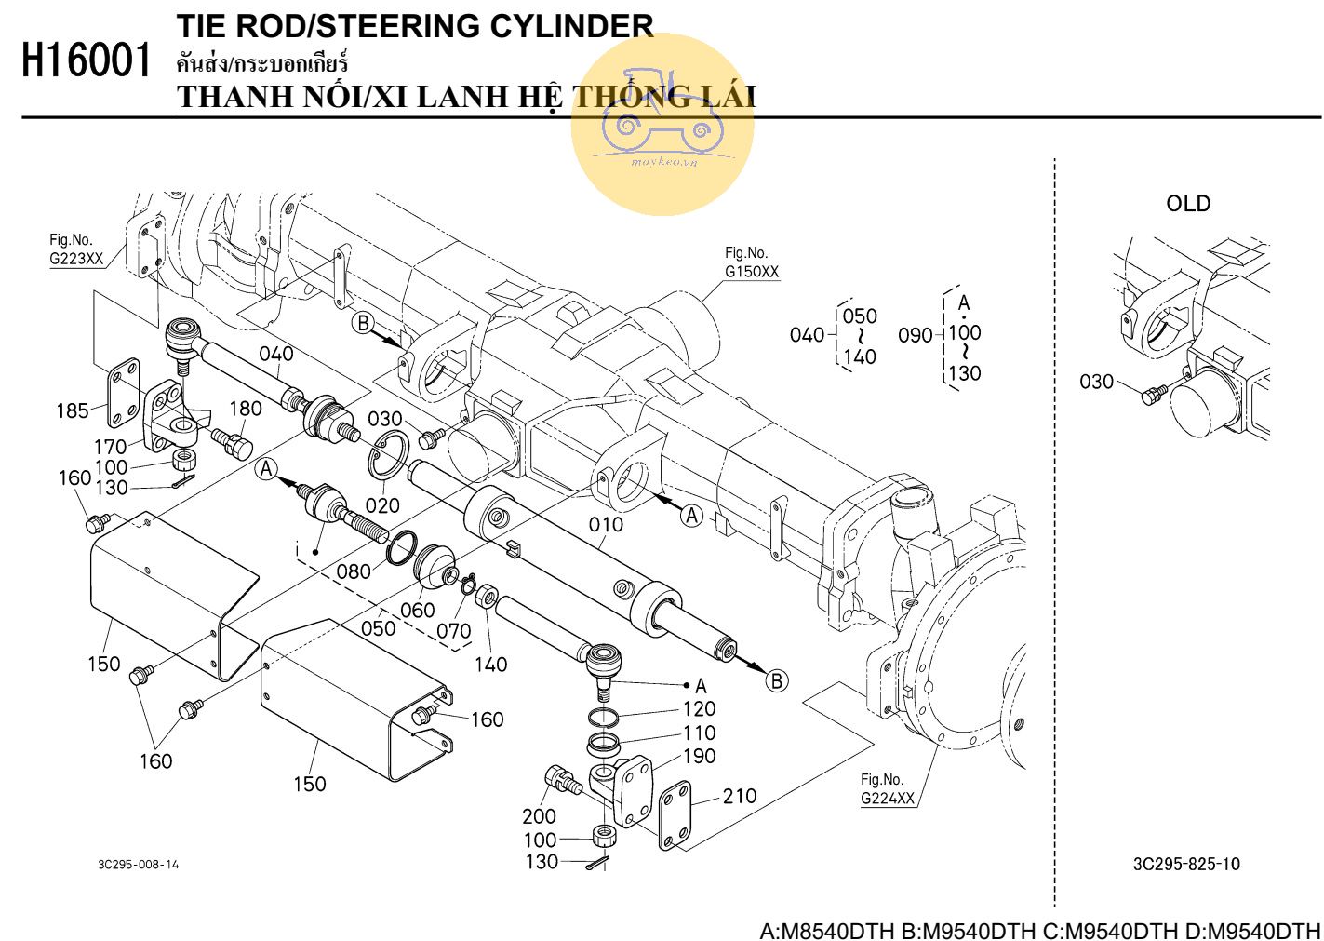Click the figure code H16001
(x=86, y=62)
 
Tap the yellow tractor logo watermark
(x=662, y=124)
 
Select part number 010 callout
(x=606, y=525)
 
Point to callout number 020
(x=382, y=505)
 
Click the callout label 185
(x=73, y=410)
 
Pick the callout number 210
(x=740, y=796)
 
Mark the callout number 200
(x=539, y=816)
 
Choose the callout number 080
(x=354, y=571)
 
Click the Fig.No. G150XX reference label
(x=751, y=262)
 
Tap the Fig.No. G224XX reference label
(x=887, y=789)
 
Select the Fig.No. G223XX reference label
(x=76, y=249)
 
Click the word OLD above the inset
(x=1188, y=204)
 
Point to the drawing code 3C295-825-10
(x=1186, y=864)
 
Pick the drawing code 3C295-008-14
(x=139, y=865)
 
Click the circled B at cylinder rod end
(x=776, y=680)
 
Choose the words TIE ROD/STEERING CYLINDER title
(x=415, y=26)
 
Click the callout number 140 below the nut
(x=490, y=665)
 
